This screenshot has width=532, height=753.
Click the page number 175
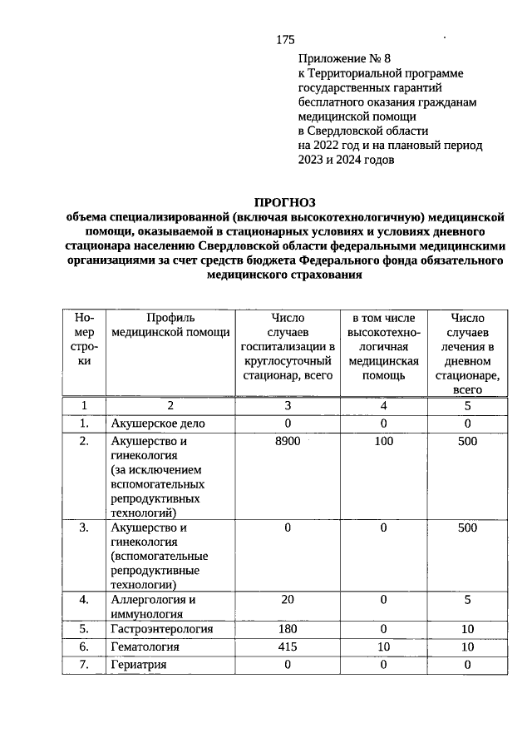(x=285, y=39)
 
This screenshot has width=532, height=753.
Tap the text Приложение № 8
(x=343, y=59)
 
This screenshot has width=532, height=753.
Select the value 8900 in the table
(x=287, y=442)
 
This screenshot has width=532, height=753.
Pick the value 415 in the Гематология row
(x=287, y=646)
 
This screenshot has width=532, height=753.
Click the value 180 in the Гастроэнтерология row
(x=287, y=628)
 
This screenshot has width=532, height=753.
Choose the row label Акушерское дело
(x=158, y=424)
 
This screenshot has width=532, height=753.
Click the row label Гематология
(x=146, y=646)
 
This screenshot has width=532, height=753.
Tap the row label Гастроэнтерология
(x=162, y=628)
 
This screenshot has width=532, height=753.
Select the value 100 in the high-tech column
(x=383, y=442)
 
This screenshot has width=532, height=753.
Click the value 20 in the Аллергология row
(x=287, y=600)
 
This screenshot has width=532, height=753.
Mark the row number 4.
(x=84, y=600)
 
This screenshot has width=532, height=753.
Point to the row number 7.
(x=84, y=664)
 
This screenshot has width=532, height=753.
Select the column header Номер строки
(x=84, y=339)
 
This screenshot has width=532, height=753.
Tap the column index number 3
(x=287, y=405)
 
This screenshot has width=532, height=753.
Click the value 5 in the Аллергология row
(x=468, y=600)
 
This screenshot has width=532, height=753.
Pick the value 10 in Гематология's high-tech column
(x=383, y=646)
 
